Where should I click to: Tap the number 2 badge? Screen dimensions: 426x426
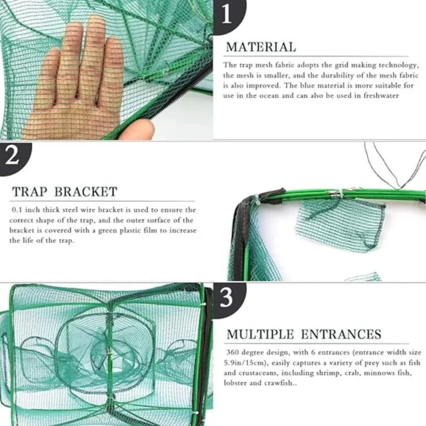coord(12,158)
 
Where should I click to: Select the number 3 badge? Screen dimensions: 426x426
coord(227,298)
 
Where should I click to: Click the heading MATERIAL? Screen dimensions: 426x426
coord(260,47)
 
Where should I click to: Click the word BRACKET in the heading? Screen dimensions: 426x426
coord(86,192)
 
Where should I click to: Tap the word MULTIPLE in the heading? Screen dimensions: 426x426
coord(260,334)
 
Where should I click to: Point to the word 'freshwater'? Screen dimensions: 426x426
coord(379,95)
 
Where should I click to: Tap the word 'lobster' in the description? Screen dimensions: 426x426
coord(236,383)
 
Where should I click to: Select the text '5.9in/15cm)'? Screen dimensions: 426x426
coord(242,363)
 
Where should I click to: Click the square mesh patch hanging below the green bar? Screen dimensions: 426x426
coord(340,224)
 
